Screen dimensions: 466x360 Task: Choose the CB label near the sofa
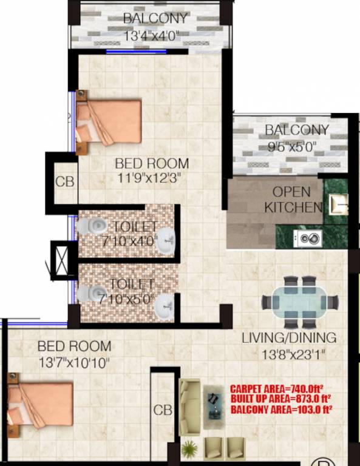pyautogui.click(x=162, y=410)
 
